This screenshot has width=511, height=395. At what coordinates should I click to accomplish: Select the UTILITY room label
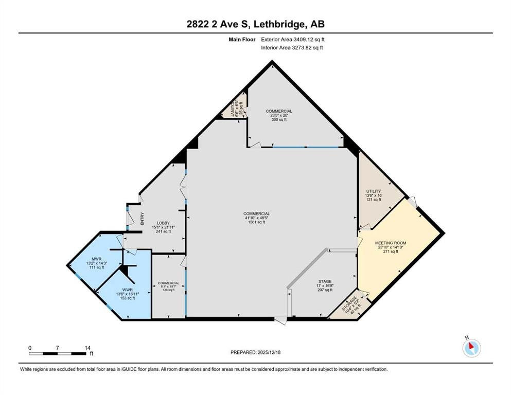pyautogui.click(x=373, y=191)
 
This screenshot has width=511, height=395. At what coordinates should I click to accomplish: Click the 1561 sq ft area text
pyautogui.click(x=257, y=223)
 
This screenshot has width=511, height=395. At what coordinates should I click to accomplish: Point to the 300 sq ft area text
pyautogui.click(x=279, y=120)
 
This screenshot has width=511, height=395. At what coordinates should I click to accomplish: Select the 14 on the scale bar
pyautogui.click(x=86, y=348)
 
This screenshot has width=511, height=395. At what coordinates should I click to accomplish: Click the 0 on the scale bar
pyautogui.click(x=30, y=348)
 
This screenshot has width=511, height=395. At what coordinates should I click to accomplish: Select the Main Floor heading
pyautogui.click(x=243, y=39)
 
